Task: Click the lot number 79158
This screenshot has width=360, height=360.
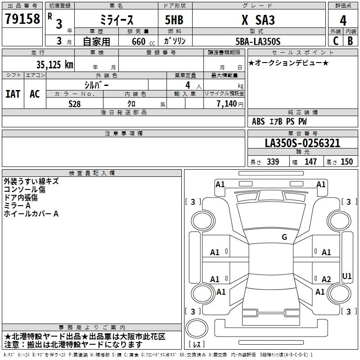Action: (22, 18)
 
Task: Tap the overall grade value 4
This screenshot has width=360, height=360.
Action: (343, 20)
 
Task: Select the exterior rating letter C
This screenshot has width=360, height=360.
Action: (336, 41)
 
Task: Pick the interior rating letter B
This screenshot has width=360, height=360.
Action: (350, 41)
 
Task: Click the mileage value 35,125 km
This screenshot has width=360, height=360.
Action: (54, 65)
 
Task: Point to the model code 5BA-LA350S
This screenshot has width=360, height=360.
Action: (258, 41)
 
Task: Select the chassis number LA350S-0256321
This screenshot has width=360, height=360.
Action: (302, 143)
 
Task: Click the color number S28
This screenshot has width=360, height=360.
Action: (75, 104)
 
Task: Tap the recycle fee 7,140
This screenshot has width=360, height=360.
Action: (227, 103)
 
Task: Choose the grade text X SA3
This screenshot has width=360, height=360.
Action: (258, 20)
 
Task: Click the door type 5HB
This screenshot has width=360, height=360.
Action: (174, 20)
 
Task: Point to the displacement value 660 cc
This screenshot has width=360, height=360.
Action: (143, 41)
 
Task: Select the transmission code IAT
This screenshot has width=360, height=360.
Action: (13, 94)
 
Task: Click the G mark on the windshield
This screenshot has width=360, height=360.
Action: (284, 237)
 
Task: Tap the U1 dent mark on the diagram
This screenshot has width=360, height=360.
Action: (346, 276)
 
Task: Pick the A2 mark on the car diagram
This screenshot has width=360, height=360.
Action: (326, 279)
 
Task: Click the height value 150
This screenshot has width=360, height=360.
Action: (346, 162)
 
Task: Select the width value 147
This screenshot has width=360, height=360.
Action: (310, 162)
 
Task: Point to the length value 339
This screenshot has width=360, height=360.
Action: (273, 162)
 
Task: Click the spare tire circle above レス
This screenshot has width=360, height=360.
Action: (197, 328)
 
